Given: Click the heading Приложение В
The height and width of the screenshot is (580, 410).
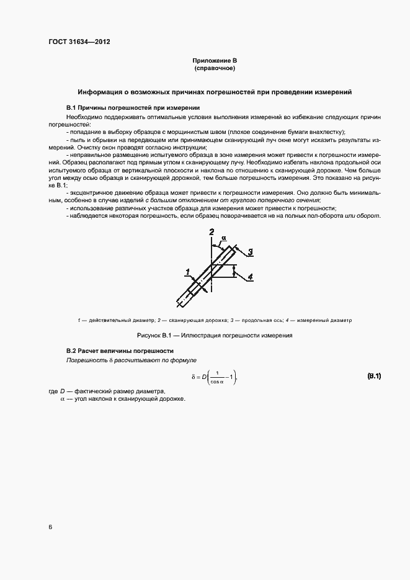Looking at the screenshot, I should pos(215,60).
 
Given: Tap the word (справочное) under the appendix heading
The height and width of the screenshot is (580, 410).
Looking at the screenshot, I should pos(215,68).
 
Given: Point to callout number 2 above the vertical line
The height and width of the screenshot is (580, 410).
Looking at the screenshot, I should pos(212,232).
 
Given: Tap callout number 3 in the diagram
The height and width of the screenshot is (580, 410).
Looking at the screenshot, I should pos(249,251).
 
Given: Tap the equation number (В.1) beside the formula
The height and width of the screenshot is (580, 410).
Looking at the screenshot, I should pos(374,376).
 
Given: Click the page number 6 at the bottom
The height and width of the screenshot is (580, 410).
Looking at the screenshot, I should pos(50,527).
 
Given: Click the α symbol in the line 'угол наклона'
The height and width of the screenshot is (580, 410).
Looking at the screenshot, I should pos(62,399).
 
